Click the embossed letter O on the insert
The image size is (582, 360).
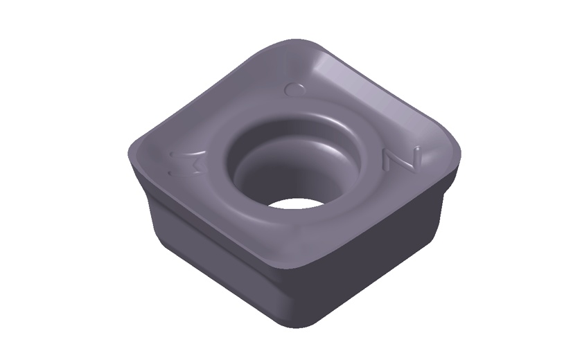point(297,89)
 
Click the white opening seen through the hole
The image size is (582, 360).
point(290,204)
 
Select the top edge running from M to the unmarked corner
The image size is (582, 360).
point(208,222)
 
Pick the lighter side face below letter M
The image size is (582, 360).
point(208,263)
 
